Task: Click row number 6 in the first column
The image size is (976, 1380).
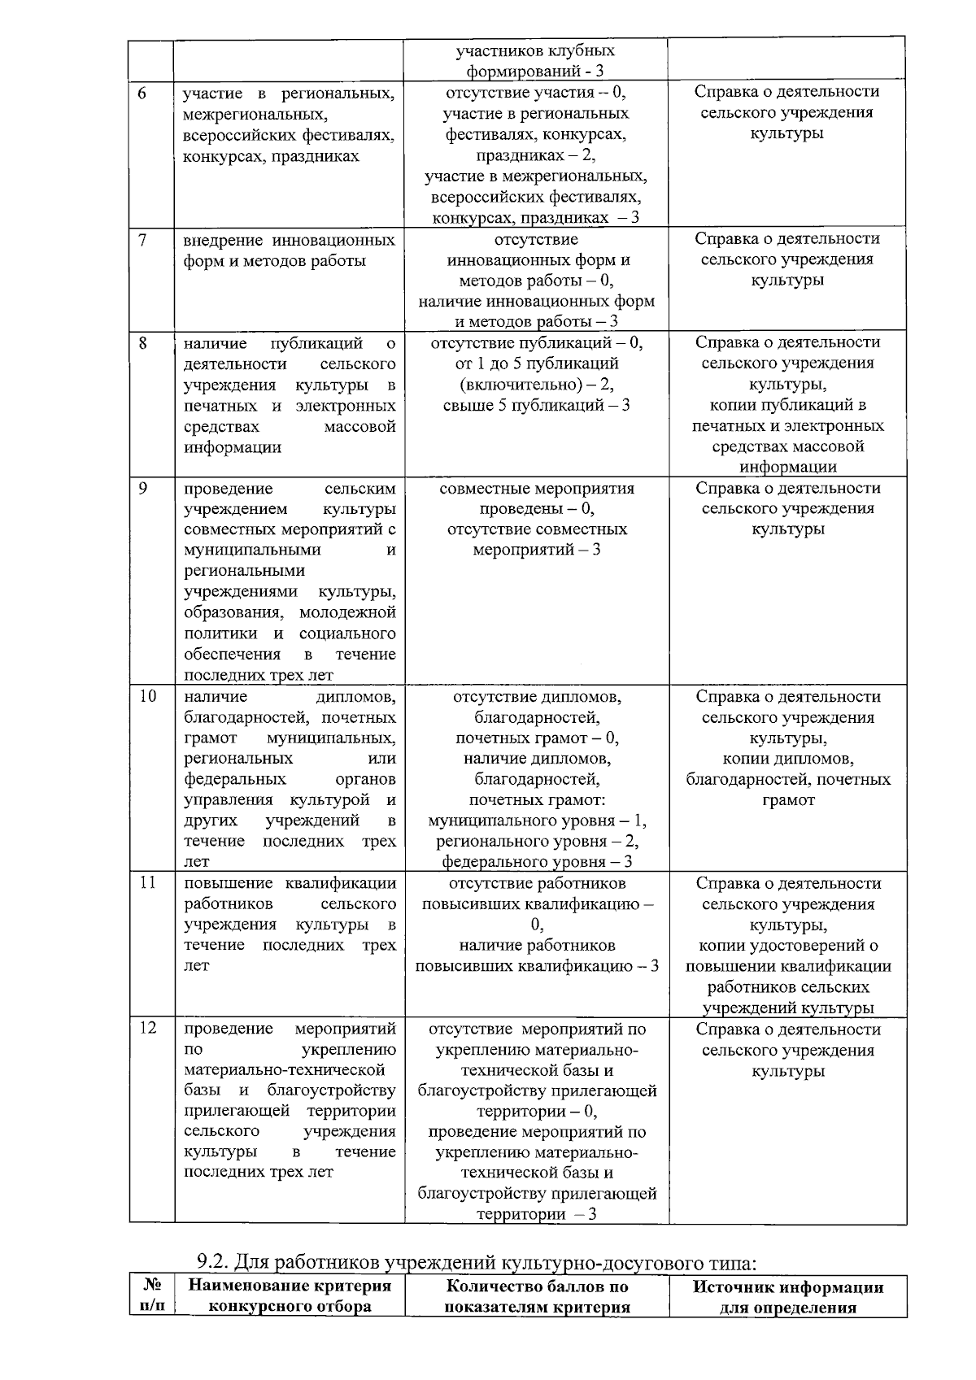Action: click(x=142, y=93)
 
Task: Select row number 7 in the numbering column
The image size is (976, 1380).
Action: click(x=142, y=241)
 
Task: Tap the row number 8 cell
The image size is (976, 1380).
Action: click(x=142, y=343)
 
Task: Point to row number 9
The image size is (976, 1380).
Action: click(x=142, y=489)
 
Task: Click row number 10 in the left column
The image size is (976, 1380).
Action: click(x=146, y=697)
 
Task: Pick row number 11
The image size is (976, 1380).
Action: click(x=146, y=884)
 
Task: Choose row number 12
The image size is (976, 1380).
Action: click(x=146, y=1029)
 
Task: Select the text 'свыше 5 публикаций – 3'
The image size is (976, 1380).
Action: click(x=537, y=405)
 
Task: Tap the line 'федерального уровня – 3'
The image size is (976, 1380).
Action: click(x=537, y=861)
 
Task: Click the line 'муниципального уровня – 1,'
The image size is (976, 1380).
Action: click(x=537, y=821)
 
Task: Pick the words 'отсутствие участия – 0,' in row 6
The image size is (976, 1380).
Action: click(x=537, y=92)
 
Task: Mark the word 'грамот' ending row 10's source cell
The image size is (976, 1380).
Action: click(x=787, y=800)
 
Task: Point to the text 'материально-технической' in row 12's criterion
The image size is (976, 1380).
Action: click(x=285, y=1070)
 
